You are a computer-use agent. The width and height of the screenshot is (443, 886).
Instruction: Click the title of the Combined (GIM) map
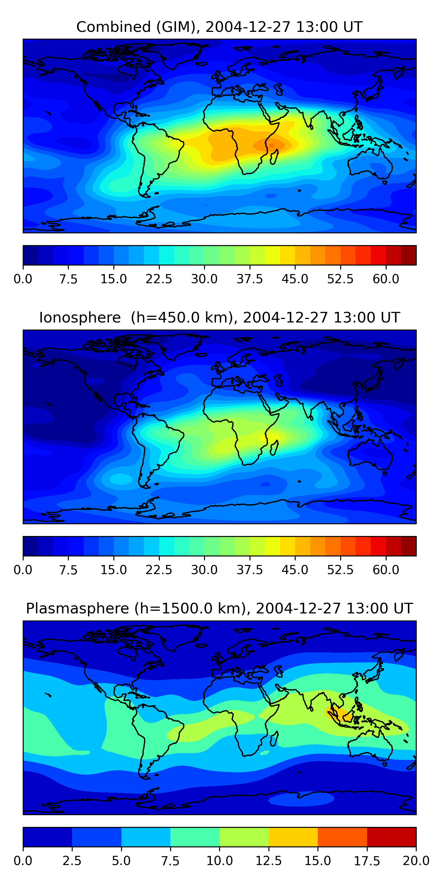point(219,27)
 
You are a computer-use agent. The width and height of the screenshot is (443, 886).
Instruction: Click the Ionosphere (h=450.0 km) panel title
point(219,317)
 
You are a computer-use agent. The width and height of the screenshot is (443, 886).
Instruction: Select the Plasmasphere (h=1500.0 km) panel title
point(219,608)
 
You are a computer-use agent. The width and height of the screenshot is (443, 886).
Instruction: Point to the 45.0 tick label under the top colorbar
point(295,279)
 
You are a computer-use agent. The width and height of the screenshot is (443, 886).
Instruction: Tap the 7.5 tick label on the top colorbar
point(68,279)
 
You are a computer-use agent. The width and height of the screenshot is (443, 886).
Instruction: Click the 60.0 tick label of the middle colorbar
point(386,570)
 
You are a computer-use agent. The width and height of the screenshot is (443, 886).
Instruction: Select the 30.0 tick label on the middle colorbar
point(204,570)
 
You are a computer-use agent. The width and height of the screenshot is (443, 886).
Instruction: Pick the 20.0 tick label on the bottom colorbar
point(416,861)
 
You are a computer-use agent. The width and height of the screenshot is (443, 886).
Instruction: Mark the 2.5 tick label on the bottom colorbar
point(72,861)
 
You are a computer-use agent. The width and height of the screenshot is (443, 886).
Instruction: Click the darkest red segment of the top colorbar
point(409,255)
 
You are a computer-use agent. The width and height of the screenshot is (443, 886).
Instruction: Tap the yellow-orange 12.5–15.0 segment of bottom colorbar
point(293,837)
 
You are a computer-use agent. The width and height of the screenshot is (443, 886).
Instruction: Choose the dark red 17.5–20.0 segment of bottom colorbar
point(391,837)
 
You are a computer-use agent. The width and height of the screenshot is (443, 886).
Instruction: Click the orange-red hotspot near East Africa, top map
point(270,145)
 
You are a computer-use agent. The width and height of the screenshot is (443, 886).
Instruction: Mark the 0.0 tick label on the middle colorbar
point(23,570)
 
